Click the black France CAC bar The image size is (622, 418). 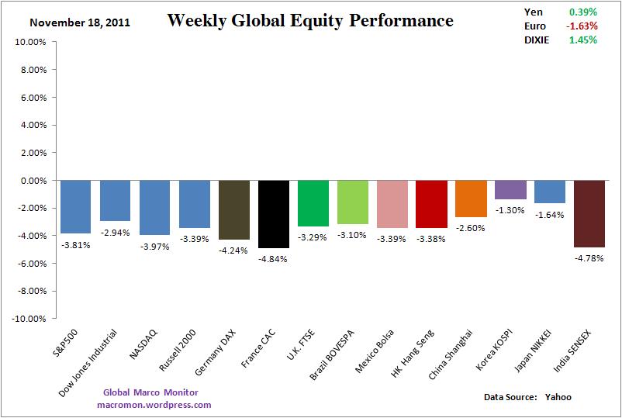274,214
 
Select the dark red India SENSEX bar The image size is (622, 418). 589,213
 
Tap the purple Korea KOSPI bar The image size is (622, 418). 510,189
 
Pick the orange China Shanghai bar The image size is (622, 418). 471,199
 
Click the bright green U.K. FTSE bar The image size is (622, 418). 313,203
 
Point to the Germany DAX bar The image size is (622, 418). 234,209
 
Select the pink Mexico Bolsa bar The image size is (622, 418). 392,204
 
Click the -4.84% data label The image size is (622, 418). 274,259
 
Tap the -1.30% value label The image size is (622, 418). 510,210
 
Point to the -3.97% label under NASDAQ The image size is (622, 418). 155,246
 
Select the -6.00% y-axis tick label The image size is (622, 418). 29,264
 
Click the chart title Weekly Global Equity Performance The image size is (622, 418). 310,21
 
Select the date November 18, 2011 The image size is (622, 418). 80,22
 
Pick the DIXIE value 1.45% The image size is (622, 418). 582,40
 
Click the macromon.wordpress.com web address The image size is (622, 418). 154,405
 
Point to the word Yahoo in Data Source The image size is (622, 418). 558,397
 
